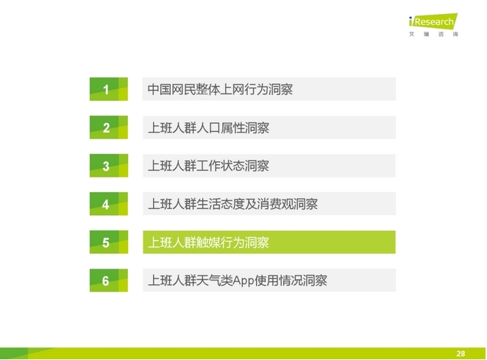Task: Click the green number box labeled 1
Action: click(x=109, y=89)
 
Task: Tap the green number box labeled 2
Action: click(x=109, y=127)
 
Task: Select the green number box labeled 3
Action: click(x=109, y=166)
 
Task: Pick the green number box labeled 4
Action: click(x=109, y=204)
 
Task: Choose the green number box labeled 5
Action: click(x=109, y=242)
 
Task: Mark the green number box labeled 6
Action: click(x=109, y=280)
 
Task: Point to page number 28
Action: click(x=461, y=353)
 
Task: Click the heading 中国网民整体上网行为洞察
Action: click(x=220, y=90)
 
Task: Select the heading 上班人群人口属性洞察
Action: click(x=208, y=128)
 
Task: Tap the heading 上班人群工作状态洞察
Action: click(x=208, y=166)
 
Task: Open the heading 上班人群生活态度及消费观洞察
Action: click(x=232, y=204)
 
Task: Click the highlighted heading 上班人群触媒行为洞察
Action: click(x=208, y=242)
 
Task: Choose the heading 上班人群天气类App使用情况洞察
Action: click(x=238, y=280)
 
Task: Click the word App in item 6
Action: click(x=243, y=281)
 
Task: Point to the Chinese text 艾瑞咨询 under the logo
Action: click(x=433, y=34)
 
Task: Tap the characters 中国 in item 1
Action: click(x=160, y=90)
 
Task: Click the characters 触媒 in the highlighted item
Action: click(x=208, y=242)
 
